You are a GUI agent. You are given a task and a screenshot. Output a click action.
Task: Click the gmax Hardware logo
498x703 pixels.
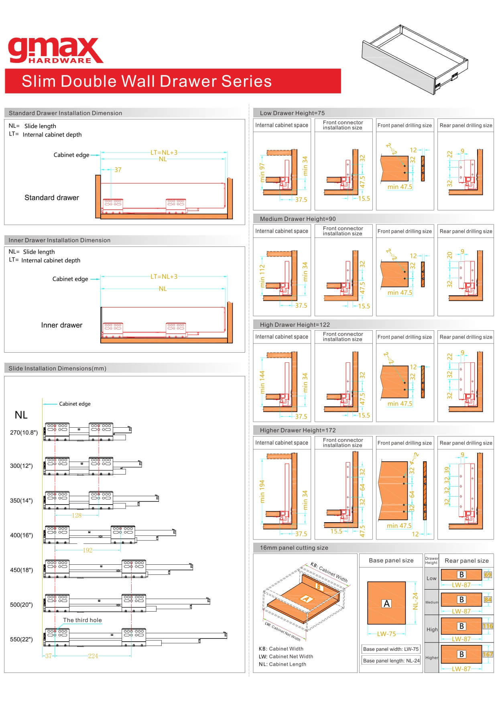[x=55, y=51]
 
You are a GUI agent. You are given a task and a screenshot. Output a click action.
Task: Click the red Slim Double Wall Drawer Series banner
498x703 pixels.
[x=173, y=81]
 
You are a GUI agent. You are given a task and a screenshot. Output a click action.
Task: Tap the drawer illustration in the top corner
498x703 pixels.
[x=415, y=59]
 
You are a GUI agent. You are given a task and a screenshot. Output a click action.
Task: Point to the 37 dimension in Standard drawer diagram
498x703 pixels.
[x=118, y=170]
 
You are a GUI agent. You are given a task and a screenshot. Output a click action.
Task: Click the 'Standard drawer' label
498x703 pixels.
[x=52, y=198]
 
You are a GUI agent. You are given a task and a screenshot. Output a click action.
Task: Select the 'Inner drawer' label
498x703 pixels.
[x=62, y=325]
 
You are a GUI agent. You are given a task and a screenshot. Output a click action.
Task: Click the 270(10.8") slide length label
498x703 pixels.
[x=24, y=432]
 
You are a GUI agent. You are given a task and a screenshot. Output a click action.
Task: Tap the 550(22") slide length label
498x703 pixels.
[x=22, y=639]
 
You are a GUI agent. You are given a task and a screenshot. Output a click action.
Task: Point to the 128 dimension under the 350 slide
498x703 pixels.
[x=77, y=515]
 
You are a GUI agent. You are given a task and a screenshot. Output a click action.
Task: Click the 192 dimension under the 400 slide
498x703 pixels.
[x=88, y=550]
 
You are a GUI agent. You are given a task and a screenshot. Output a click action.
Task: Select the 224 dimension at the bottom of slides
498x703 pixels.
[x=93, y=656]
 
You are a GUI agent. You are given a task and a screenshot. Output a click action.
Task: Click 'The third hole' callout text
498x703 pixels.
[x=82, y=620]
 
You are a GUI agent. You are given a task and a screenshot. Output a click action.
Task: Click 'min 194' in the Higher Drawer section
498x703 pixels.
[x=262, y=492]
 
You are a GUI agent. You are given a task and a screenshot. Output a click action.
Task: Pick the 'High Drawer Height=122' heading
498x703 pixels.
[x=295, y=325]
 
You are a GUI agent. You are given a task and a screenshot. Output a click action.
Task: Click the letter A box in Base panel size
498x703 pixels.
[x=387, y=604]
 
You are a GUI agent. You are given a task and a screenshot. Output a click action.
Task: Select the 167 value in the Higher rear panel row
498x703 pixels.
[x=488, y=655]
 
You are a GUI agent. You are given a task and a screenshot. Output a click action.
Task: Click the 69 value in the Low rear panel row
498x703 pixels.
[x=488, y=575]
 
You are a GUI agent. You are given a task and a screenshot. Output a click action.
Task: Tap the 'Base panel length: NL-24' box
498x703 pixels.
[x=391, y=661]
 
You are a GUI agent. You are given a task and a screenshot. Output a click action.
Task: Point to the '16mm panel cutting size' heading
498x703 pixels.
[x=294, y=548]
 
